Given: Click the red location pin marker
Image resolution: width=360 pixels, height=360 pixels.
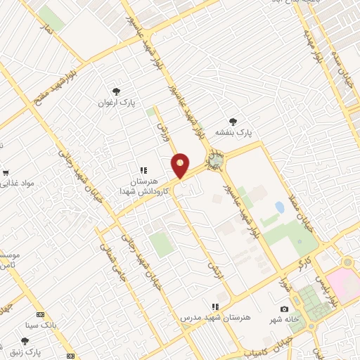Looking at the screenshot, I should pos(181,165).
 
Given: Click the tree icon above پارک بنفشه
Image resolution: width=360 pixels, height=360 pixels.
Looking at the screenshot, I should pos(233,121).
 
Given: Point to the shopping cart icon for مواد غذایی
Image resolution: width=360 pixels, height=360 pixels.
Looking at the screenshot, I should pos(5,172).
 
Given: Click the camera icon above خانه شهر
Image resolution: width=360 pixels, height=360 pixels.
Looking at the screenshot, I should pos(284,309).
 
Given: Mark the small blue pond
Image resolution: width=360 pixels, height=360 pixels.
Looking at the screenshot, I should pos(280,207).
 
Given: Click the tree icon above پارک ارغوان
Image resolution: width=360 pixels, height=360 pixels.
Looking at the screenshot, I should pos(117,91).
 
